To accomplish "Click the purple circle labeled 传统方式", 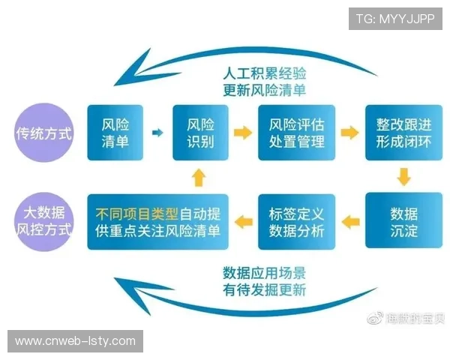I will pos(44,134).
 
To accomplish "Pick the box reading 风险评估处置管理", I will pos(296,133).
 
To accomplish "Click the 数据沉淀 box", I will pos(403,220).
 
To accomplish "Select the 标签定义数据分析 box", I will pos(296,220).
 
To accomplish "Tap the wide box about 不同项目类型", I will pos(157,220).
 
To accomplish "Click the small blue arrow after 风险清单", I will pos(157,133).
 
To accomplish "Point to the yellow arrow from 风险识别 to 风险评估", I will pos(243,133).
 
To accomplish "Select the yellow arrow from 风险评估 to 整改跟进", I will pos(349,133).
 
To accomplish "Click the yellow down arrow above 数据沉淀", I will pos(403,177).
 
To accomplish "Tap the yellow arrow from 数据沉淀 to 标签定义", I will pos(349,220).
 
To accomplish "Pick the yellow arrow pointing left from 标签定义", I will pos(243,220).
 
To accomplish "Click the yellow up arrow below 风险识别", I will pos(199,177).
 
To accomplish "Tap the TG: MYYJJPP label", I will pos(396,18).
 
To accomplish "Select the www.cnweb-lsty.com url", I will pos(75,341).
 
